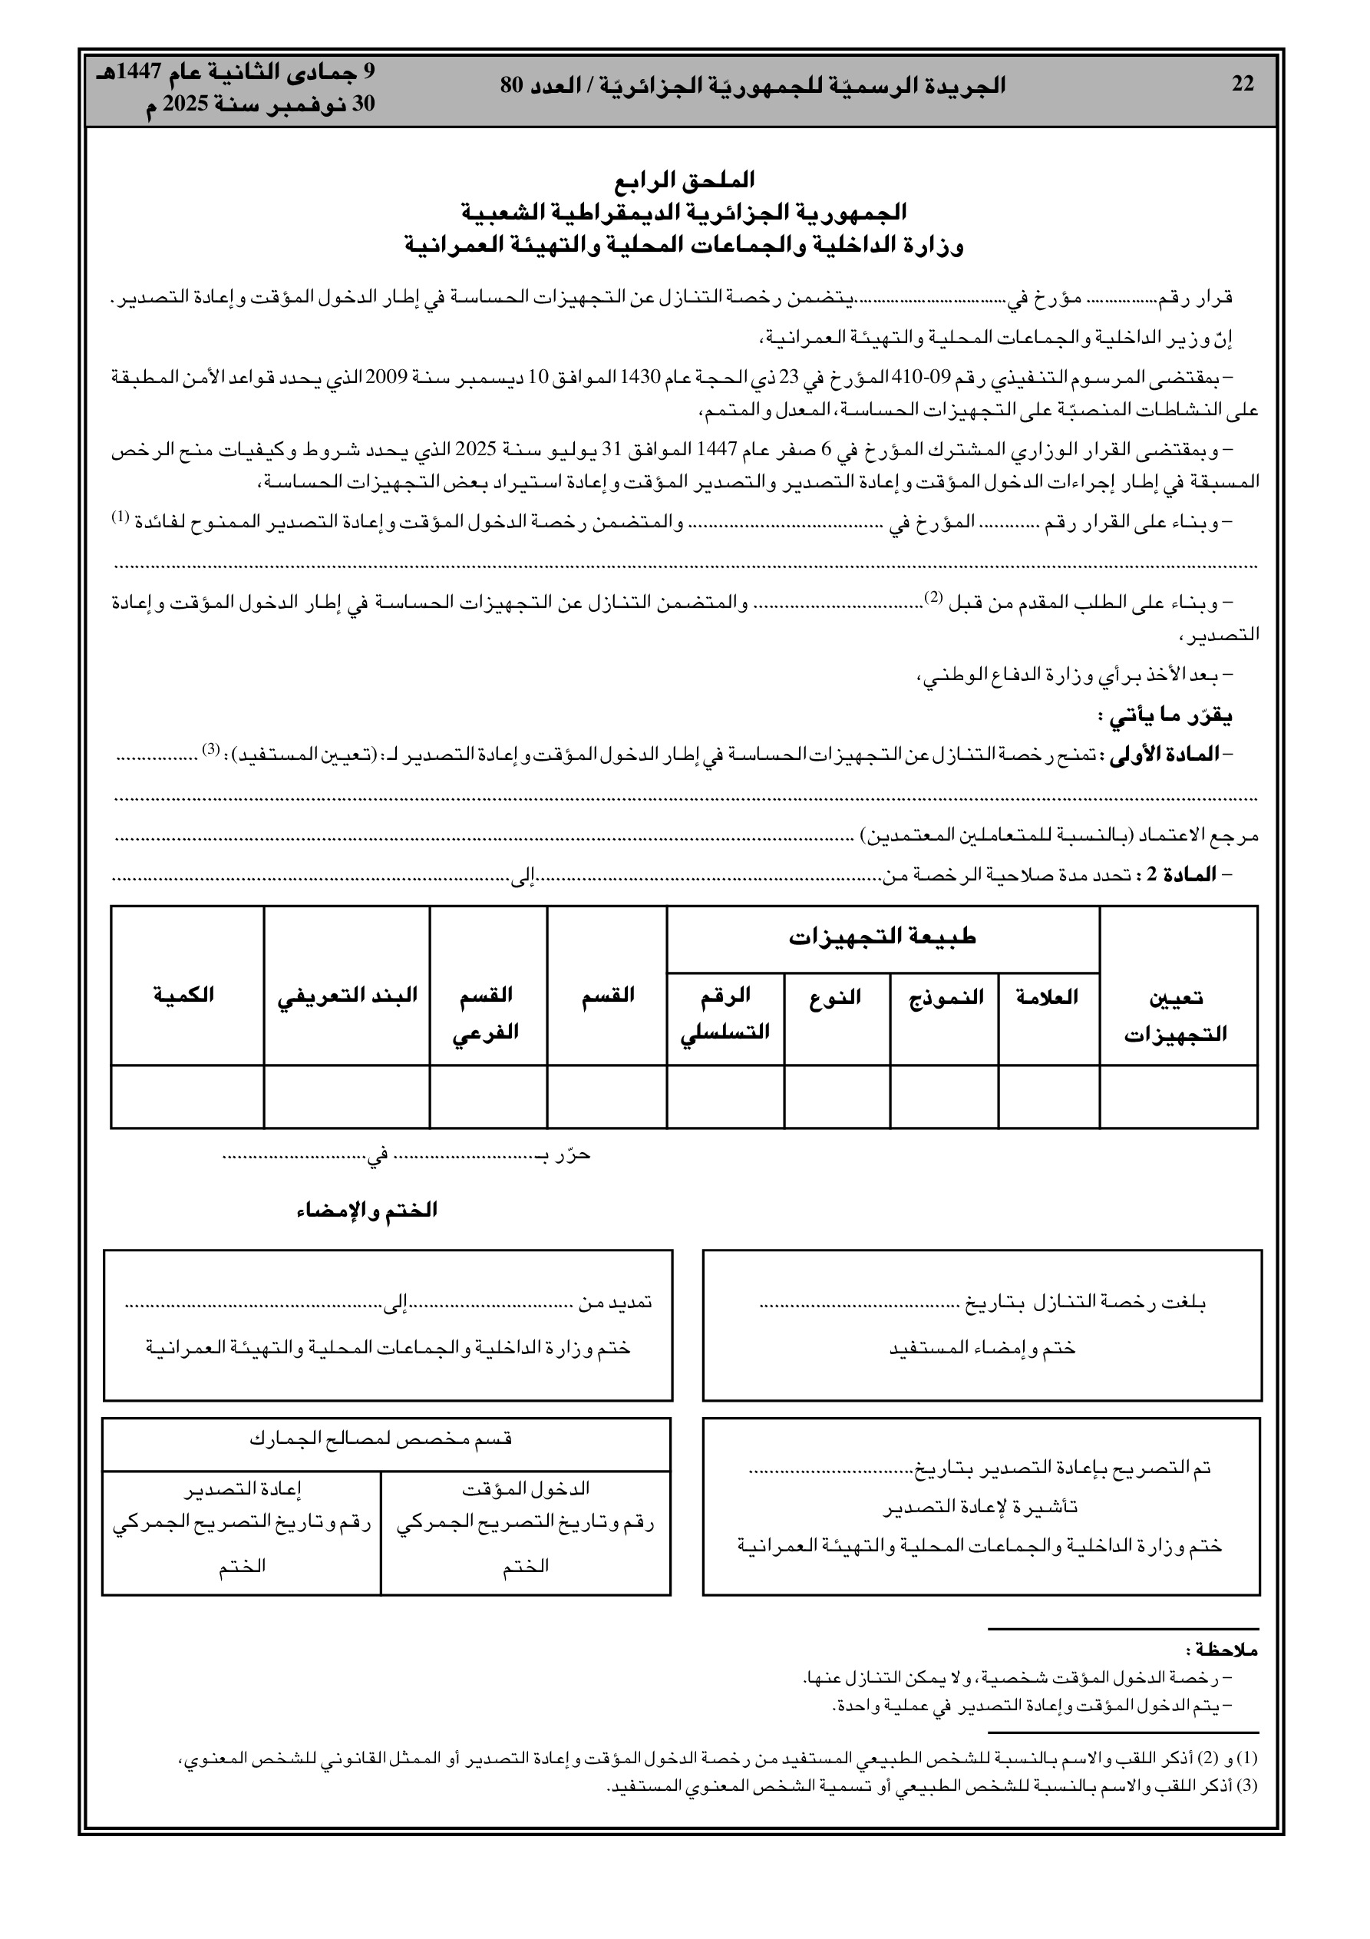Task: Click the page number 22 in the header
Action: point(1243,84)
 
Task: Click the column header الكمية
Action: point(183,995)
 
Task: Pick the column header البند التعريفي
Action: point(347,995)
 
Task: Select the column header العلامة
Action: point(1048,996)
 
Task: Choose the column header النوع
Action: point(835,996)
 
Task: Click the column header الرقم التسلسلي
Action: point(725,1012)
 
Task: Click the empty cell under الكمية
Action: point(187,1096)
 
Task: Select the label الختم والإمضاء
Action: point(367,1211)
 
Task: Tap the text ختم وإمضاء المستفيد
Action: point(982,1348)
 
